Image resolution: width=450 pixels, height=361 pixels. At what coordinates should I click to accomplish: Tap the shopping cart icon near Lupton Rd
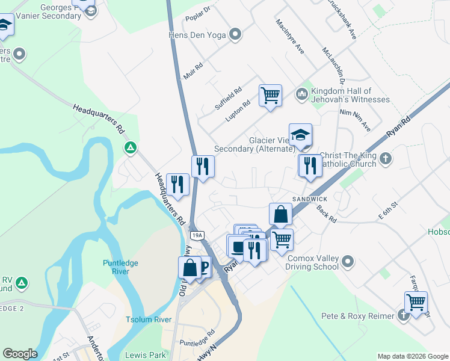(270, 94)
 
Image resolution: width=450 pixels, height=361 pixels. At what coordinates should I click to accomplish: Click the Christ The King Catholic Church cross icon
(385, 159)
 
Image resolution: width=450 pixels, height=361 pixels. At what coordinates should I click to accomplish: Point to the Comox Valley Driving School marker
(348, 261)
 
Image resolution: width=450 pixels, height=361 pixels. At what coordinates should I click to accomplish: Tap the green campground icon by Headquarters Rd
(130, 147)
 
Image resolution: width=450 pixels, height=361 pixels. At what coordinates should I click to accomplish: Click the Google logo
(20, 354)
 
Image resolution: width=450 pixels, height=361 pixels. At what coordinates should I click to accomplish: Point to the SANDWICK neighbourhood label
(310, 199)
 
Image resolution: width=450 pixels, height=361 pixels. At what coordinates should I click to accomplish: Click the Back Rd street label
(327, 213)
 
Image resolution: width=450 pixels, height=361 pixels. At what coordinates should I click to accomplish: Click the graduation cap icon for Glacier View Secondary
(300, 135)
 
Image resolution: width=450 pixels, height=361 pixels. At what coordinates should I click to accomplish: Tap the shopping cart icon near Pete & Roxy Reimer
(416, 302)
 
